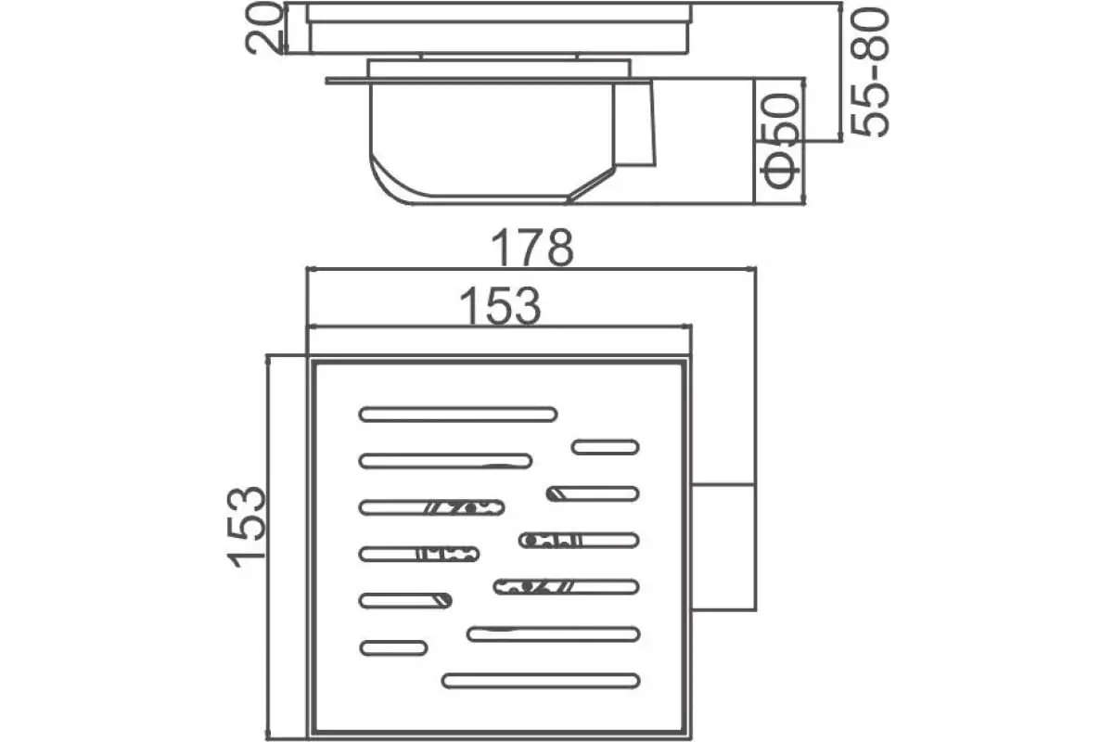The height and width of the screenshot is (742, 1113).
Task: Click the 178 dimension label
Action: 532,248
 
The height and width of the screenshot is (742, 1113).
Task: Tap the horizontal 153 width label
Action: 500,306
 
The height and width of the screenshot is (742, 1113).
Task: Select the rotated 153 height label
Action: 247,527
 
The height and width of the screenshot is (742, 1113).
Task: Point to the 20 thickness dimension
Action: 263,28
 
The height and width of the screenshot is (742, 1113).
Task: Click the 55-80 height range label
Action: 869,71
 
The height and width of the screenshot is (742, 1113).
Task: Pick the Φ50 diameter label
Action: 781,141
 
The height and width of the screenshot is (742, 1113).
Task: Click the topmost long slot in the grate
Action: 457,414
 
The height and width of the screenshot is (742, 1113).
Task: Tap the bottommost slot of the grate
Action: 541,681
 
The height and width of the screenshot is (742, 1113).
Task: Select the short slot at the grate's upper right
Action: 605,447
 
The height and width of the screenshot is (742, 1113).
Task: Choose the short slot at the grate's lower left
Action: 393,648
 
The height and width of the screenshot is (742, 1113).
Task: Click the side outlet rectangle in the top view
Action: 723,546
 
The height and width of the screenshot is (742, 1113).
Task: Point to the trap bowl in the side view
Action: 493,143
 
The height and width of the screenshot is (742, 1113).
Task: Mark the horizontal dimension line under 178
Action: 531,269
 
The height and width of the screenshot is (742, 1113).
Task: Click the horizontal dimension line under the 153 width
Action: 499,326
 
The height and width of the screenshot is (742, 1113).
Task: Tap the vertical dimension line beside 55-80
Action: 839,71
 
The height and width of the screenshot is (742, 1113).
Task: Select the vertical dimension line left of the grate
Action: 268,547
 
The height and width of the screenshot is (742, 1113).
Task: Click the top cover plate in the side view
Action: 498,28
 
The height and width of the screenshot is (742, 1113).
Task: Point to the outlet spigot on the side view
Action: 635,124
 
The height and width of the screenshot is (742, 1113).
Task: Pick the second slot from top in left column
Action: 445,461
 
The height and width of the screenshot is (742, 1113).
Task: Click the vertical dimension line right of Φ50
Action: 804,141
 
